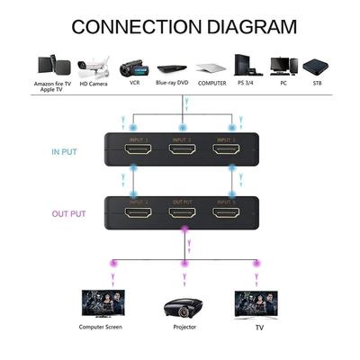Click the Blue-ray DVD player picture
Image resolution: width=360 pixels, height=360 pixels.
coord(173,67)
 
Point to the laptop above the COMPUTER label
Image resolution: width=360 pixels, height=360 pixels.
coord(211,67)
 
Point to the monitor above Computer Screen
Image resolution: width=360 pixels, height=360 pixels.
coord(100,301)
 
